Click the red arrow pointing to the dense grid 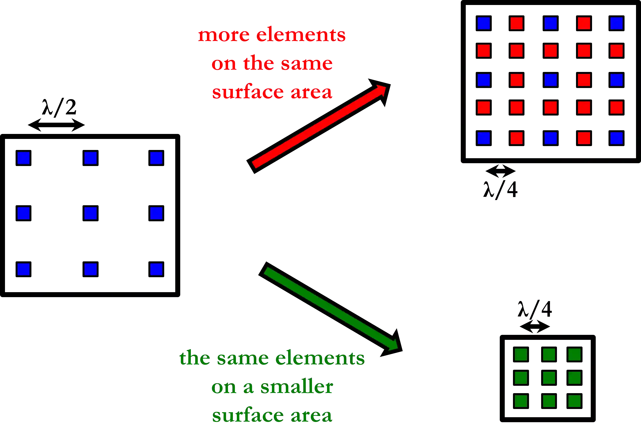coord(319,127)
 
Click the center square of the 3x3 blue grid coord(90,213)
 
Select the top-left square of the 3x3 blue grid coord(24,158)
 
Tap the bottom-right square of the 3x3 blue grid coord(156,269)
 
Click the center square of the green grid coord(549,378)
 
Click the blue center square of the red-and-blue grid coord(551,80)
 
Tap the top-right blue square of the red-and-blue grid coord(617,23)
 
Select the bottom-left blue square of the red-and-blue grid coord(484,138)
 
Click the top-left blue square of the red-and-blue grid coord(484,23)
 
